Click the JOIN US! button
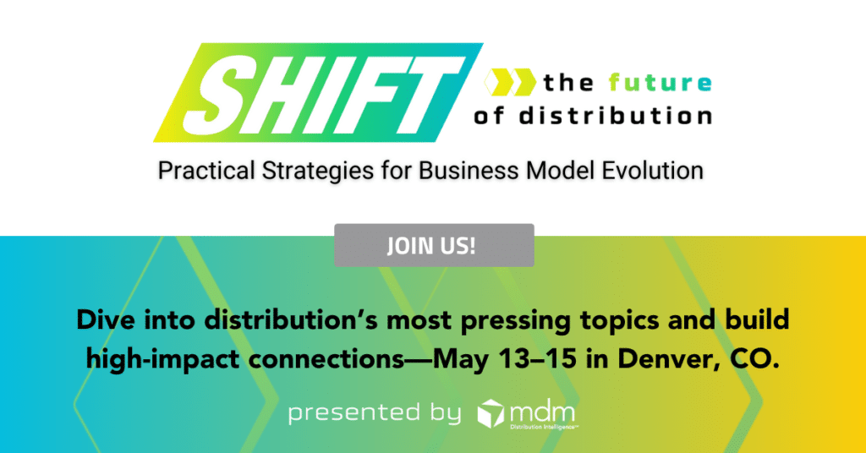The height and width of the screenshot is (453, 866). (434, 245)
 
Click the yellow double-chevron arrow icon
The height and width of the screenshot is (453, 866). (510, 83)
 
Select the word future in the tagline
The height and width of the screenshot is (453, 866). (660, 83)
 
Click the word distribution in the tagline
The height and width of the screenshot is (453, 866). (616, 116)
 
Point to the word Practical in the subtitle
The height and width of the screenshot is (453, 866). (206, 171)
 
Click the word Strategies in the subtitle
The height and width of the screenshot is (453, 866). (318, 171)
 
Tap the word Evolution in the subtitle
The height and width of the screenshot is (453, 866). (652, 171)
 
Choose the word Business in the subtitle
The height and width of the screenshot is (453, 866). (469, 171)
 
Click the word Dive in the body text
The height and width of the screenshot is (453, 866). (106, 320)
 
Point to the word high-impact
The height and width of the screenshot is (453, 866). (163, 360)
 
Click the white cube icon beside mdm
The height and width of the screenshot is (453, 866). (491, 414)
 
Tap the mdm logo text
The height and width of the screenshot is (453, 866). (542, 413)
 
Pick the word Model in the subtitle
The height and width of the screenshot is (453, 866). (561, 171)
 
